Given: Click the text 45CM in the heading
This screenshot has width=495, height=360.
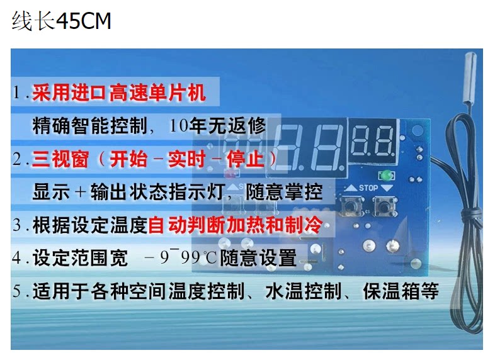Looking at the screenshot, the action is (84, 21).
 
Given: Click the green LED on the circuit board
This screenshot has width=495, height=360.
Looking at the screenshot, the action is (386, 175).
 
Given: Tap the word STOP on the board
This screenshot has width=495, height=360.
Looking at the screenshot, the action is (368, 188).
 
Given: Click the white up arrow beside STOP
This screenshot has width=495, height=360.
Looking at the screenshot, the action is (350, 188).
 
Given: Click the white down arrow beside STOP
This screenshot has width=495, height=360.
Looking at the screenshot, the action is (387, 188).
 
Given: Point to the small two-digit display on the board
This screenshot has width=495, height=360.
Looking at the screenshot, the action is (373, 140).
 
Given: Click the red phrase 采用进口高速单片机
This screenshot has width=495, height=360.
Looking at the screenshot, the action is (119, 93).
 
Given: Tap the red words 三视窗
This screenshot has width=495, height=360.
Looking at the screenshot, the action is (60, 159).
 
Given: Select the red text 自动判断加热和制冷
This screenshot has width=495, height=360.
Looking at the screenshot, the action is (235, 225).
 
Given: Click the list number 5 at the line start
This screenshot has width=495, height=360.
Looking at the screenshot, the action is (17, 291).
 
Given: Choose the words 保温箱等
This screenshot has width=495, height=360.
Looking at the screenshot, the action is (401, 291).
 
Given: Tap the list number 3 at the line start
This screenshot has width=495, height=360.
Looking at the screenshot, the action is (17, 225).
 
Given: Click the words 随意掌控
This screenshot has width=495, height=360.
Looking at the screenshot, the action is (284, 192).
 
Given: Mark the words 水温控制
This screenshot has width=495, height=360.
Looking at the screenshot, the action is (304, 291).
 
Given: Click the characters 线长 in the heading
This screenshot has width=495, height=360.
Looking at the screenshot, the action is (33, 21).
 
